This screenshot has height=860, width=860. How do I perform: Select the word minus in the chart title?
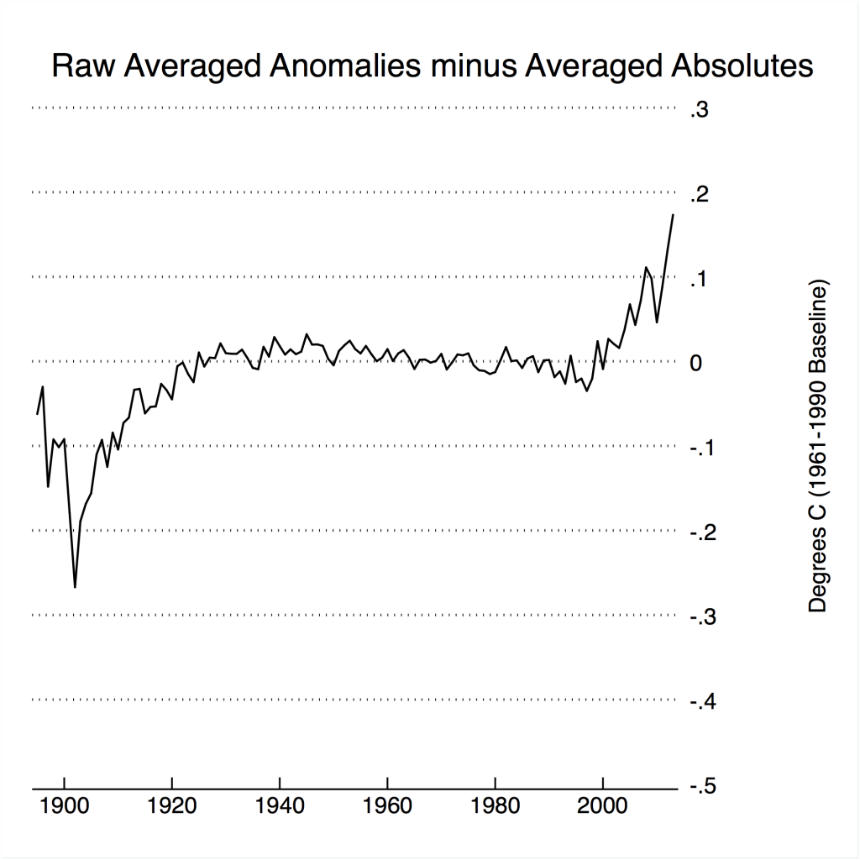pos(469,66)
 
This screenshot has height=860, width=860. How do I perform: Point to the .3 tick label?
pos(700,109)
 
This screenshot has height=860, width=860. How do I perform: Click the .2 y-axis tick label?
pos(700,194)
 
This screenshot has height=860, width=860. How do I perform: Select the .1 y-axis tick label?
pos(700,279)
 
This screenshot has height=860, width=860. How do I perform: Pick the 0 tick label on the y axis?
pos(695,363)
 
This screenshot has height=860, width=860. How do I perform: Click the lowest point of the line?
pos(75,587)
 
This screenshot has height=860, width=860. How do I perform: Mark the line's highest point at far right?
pos(673,215)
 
